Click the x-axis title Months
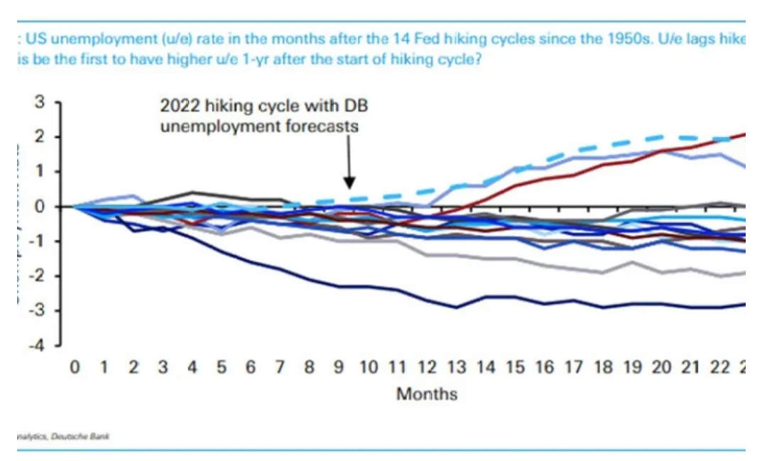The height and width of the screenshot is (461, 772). point(427,393)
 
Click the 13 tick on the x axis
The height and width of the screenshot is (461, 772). point(456,367)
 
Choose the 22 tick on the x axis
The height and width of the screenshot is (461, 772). point(719,367)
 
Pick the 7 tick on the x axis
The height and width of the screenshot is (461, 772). point(280,367)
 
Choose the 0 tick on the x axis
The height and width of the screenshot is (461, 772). point(73,367)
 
